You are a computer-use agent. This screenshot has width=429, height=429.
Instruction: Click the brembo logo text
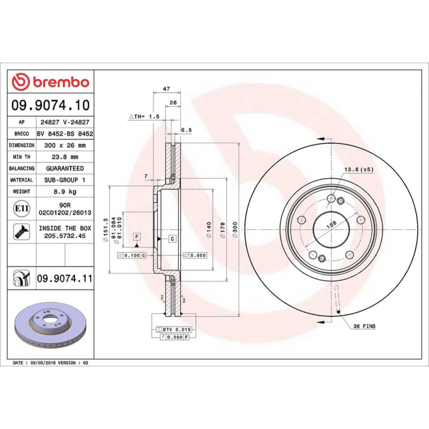[61, 82]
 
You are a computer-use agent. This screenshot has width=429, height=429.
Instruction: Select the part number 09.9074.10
[50, 105]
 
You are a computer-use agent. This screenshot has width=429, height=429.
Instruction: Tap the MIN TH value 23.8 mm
[65, 157]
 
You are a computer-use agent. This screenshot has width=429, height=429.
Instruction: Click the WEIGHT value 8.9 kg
[65, 191]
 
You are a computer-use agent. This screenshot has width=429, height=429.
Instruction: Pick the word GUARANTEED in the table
[65, 168]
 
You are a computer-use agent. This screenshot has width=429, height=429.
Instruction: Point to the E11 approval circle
[21, 208]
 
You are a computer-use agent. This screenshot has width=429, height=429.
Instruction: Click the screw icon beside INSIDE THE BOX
[21, 232]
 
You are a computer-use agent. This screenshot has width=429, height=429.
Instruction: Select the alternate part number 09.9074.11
[65, 278]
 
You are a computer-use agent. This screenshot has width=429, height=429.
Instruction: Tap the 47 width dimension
[166, 89]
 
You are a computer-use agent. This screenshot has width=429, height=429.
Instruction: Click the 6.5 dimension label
[186, 130]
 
